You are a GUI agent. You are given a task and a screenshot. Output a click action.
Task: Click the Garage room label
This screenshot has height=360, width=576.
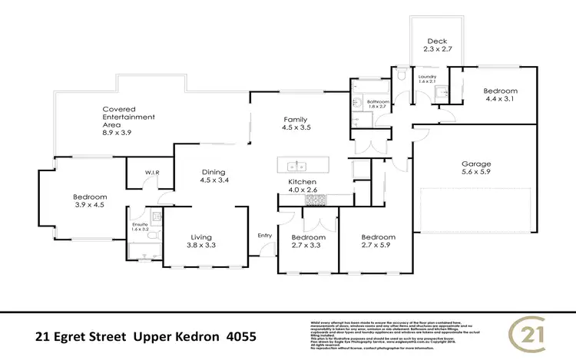coord(476,163)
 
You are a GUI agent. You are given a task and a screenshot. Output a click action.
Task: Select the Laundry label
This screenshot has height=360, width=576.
coord(426,77)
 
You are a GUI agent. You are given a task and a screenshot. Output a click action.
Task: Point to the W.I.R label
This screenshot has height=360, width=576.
coord(151,173)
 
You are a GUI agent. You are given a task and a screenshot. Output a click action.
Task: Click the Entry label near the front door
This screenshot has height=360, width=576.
coord(265,235)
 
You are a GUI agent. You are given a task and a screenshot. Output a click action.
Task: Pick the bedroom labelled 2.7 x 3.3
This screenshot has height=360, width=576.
coord(306,238)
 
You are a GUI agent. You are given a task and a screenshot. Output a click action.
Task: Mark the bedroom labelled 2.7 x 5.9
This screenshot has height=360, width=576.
coord(379,238)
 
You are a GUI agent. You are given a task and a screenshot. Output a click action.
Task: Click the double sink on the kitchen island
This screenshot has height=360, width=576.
coord(297,166)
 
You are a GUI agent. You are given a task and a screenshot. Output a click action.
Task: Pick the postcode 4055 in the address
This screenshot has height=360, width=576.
coord(235,336)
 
